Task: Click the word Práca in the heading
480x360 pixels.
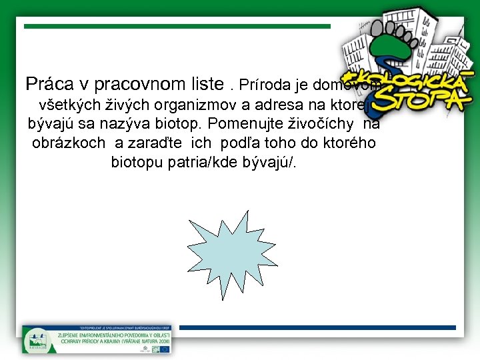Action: click(x=47, y=85)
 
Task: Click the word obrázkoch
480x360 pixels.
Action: click(x=68, y=143)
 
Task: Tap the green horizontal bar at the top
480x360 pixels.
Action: click(x=177, y=26)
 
